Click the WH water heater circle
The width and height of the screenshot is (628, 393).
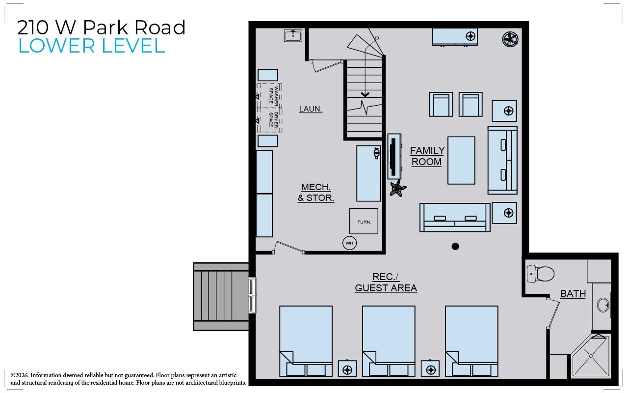[350, 243]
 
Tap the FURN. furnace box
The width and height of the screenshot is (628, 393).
[364, 221]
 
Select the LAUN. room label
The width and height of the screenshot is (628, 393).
[311, 109]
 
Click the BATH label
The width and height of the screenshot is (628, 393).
[573, 294]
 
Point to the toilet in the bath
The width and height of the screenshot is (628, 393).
[541, 274]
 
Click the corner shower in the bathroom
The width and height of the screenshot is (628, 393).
[590, 356]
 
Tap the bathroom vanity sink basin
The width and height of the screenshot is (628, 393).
[603, 305]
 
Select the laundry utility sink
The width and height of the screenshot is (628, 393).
[293, 35]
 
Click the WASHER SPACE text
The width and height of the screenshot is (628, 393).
[273, 95]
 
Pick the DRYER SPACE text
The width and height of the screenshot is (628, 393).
[273, 120]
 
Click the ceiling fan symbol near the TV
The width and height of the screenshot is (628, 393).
[397, 188]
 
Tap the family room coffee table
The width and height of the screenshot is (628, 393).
[461, 160]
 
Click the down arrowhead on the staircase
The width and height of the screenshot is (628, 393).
[365, 95]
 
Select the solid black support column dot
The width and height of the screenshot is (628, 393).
[455, 247]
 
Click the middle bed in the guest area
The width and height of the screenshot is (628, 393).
[389, 341]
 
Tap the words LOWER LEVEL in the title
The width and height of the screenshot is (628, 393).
[92, 46]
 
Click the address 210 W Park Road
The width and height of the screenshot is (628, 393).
[101, 27]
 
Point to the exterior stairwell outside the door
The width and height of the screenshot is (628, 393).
[221, 297]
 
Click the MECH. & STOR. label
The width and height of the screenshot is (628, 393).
[316, 193]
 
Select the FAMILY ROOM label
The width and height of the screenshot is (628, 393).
[427, 156]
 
